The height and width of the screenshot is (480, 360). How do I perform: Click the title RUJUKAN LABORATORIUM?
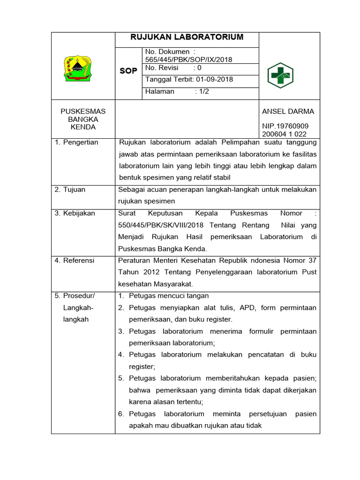coord(187,37)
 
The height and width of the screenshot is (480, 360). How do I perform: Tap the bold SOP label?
coord(128,71)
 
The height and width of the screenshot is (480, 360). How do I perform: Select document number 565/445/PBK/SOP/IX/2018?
coord(189,60)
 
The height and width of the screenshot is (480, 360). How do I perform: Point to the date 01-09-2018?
coord(215,79)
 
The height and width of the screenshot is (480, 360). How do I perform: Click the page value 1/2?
coord(203,91)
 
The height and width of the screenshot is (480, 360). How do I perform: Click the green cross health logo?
coord(279,75)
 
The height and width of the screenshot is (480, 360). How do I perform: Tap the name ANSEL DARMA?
coord(288,112)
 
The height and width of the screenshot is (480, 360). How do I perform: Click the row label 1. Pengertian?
coord(76,142)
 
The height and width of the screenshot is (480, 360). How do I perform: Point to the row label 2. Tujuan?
coord(70,190)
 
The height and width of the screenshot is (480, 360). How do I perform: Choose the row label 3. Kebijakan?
coord(75,213)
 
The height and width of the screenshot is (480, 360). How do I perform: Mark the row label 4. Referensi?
coord(75,260)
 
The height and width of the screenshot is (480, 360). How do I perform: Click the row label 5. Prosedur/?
coord(75,296)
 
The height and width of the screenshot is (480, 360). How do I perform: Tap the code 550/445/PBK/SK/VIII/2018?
coord(160,225)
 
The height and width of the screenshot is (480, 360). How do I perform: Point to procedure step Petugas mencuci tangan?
coord(169,296)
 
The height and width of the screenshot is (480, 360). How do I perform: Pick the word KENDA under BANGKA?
coord(83,127)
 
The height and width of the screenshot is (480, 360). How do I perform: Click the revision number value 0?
coord(200,68)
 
